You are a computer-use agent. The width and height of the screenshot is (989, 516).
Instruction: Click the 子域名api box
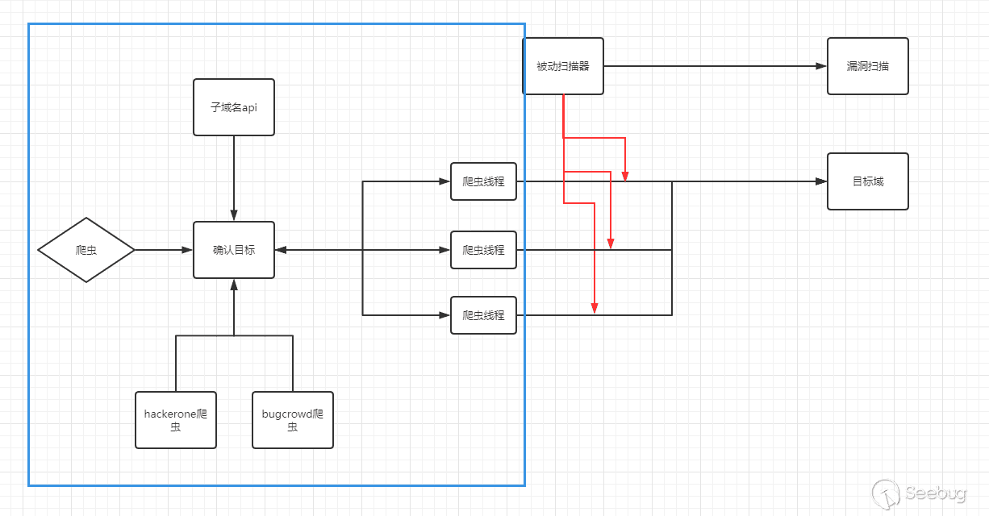[234, 107]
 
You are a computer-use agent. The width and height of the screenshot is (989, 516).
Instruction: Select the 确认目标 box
[234, 250]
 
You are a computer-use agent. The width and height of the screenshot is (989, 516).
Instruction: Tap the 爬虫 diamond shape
[86, 250]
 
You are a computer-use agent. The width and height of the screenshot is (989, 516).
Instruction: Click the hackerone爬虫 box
[176, 420]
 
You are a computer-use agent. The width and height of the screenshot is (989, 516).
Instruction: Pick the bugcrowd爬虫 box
[293, 420]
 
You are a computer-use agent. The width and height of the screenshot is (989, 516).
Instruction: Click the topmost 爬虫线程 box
[483, 181]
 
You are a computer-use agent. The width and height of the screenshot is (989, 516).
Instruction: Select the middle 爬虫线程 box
[483, 250]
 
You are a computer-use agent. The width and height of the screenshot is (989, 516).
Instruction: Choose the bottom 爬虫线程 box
[483, 315]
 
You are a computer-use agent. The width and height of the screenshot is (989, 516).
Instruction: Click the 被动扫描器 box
[563, 66]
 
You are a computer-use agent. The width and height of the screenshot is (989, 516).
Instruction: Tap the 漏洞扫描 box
[868, 66]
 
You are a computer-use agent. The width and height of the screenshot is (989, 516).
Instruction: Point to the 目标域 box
[868, 181]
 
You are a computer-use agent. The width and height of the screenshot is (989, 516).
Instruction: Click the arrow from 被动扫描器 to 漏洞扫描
[714, 66]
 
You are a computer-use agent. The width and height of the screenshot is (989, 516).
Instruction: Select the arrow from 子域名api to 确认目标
[234, 177]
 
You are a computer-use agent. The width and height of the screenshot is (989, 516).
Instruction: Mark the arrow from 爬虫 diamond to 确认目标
[164, 250]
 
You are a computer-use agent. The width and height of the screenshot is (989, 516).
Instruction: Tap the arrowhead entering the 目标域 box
[822, 181]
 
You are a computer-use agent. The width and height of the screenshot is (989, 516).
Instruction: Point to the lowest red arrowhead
[595, 308]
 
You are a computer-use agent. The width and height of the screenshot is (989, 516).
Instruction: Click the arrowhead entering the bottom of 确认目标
[234, 284]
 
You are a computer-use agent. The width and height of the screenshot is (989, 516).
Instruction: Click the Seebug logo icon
[887, 493]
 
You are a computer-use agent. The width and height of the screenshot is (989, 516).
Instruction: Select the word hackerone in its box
[169, 414]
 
